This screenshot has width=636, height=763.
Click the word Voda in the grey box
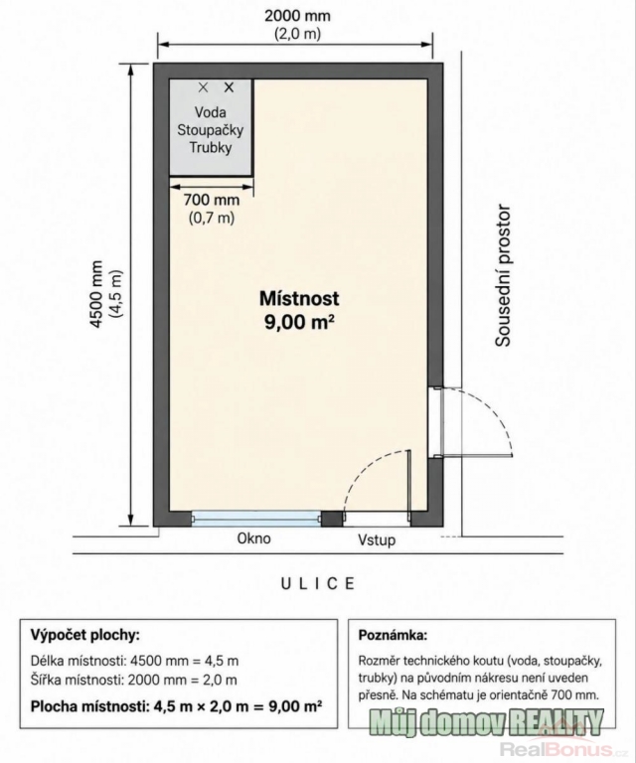coord(211,112)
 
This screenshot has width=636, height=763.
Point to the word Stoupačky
coord(211,130)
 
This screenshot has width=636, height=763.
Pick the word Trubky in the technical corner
coord(211,147)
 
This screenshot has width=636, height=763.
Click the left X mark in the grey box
coord(204,87)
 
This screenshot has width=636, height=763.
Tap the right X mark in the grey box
coord(229,87)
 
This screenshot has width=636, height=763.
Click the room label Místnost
coord(299,298)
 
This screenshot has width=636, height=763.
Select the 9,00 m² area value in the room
coord(299,322)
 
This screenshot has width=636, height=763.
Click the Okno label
coord(253,538)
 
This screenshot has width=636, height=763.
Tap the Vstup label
coord(377,539)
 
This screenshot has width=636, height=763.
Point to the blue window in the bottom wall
coord(256,519)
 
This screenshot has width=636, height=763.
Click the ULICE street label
coord(318,583)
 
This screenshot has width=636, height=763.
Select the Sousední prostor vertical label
coord(503,276)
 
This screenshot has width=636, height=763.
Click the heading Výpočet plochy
coord(85,635)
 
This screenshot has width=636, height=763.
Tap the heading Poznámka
coord(393,635)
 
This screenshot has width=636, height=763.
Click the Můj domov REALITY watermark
coord(486,723)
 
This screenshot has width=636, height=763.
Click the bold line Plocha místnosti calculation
coord(176,706)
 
